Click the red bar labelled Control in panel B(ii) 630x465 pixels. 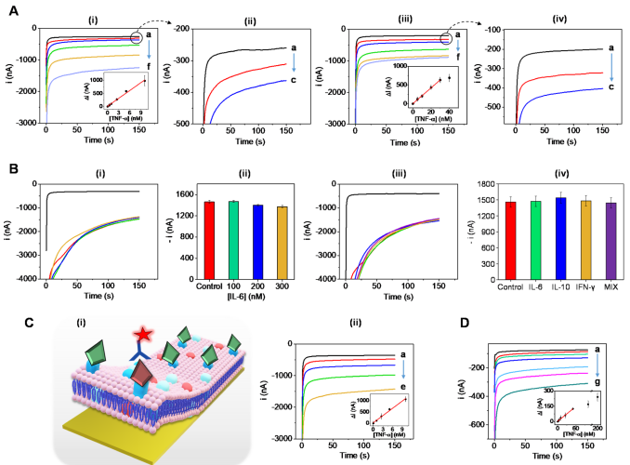tap(210, 236)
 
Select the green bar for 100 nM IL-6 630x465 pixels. tap(234, 236)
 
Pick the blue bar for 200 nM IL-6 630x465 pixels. tap(257, 238)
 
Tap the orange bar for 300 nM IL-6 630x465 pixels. tap(282, 239)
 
